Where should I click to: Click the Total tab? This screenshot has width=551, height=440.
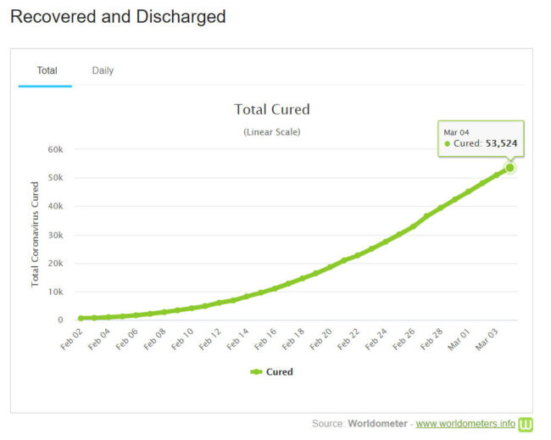pyautogui.click(x=47, y=70)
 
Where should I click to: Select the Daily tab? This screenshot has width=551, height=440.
pyautogui.click(x=103, y=70)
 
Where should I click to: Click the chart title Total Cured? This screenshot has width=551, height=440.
pyautogui.click(x=271, y=109)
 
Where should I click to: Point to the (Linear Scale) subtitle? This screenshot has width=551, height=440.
pyautogui.click(x=271, y=132)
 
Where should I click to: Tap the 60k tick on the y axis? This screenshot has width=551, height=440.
pyautogui.click(x=56, y=149)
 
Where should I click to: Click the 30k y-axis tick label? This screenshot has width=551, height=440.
pyautogui.click(x=56, y=235)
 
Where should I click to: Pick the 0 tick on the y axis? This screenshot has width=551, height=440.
pyautogui.click(x=60, y=320)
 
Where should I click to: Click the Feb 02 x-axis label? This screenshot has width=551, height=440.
pyautogui.click(x=72, y=337)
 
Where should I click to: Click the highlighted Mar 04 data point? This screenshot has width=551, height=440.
pyautogui.click(x=509, y=168)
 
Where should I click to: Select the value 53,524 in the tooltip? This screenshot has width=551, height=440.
pyautogui.click(x=501, y=144)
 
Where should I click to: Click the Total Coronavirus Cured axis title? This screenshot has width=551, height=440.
pyautogui.click(x=36, y=233)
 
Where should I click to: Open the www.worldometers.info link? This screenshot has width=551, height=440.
pyautogui.click(x=465, y=423)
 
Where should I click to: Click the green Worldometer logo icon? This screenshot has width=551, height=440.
pyautogui.click(x=526, y=423)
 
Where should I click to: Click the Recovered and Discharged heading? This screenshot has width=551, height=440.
pyautogui.click(x=118, y=16)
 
